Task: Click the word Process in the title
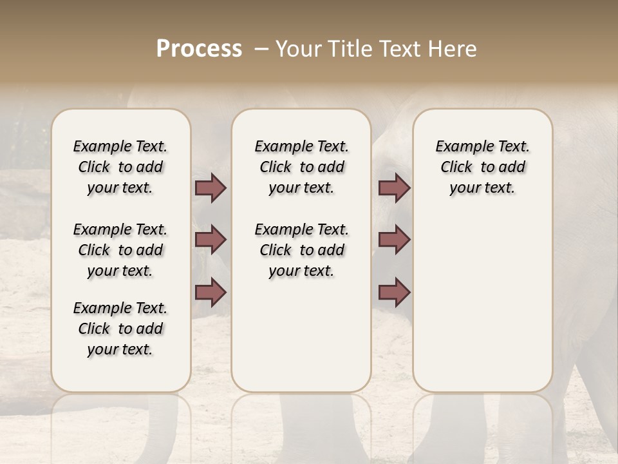pos(199,49)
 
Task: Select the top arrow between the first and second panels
pos(211,188)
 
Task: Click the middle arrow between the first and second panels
pos(211,240)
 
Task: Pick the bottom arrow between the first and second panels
pos(211,292)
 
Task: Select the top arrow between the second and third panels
pos(394,188)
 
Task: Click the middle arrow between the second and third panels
pos(394,240)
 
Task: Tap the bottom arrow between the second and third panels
pos(394,292)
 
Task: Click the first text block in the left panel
pos(120,167)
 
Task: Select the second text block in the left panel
pos(120,250)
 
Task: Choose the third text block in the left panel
pos(120,329)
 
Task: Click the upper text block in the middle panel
pos(301,167)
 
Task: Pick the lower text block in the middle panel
pos(301,250)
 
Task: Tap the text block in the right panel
pos(482,167)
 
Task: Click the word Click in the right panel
pos(456,168)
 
